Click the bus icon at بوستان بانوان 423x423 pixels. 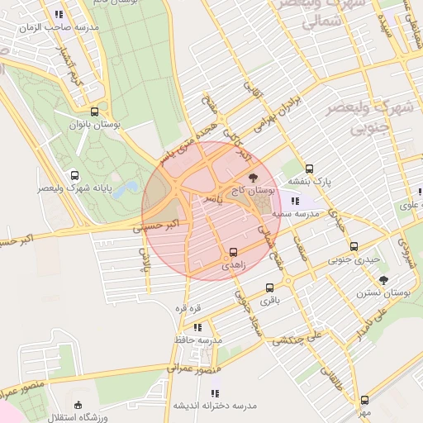(x=94, y=112)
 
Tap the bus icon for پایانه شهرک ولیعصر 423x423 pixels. (x=75, y=176)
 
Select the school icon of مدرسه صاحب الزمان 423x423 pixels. (x=59, y=14)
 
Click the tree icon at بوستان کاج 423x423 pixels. (x=253, y=177)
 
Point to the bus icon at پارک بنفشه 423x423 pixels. (x=310, y=169)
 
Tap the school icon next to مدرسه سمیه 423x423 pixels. (x=295, y=200)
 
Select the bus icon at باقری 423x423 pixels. (x=270, y=288)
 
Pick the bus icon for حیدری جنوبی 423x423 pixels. (x=354, y=246)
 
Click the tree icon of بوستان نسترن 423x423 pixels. (x=384, y=281)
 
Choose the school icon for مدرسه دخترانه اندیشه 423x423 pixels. (x=216, y=393)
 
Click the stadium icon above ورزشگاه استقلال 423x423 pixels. (x=78, y=405)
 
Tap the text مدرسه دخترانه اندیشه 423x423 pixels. (x=215, y=406)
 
